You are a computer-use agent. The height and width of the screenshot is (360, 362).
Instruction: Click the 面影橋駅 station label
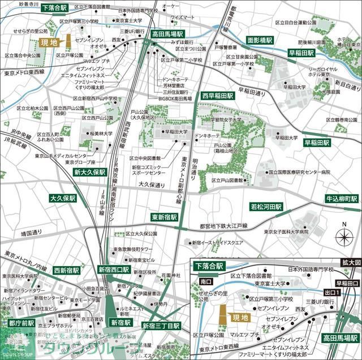pyautogui.click(x=260, y=41)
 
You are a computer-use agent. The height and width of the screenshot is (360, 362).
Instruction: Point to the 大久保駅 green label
pyautogui.click(x=62, y=199)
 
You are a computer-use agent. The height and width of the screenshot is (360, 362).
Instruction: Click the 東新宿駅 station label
pyautogui.click(x=164, y=217)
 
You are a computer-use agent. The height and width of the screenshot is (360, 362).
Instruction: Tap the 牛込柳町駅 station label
pyautogui.click(x=341, y=199)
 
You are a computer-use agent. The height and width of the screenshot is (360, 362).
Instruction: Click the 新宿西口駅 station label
pyautogui.click(x=113, y=269)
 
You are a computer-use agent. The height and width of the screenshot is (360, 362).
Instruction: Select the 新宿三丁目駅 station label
pyautogui.click(x=161, y=326)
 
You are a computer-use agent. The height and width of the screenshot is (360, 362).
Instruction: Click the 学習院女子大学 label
pyautogui.click(x=226, y=120)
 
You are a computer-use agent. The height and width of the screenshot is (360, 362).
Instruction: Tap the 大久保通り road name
pyautogui.click(x=151, y=185)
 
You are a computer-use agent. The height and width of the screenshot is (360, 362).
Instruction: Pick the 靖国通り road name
pyautogui.click(x=32, y=232)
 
